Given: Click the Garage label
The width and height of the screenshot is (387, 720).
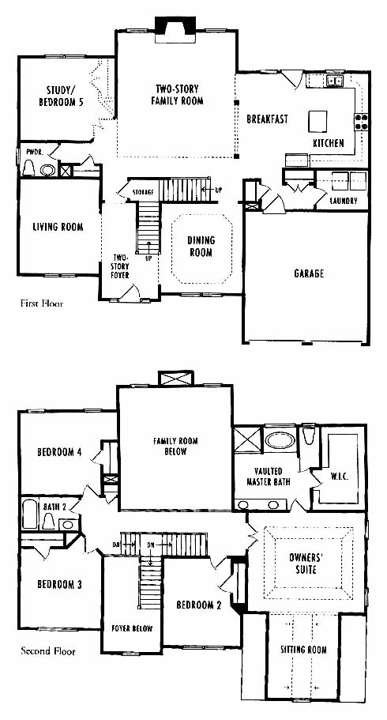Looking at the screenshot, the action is (x=309, y=273).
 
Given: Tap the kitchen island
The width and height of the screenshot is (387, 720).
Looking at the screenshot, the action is (x=317, y=121).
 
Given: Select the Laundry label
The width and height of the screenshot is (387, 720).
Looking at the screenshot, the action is (x=344, y=201).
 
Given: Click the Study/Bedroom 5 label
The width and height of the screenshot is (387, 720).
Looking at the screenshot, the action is (x=61, y=96).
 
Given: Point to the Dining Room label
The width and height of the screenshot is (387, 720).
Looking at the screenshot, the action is (x=201, y=246).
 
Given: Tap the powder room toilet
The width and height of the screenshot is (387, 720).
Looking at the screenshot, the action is (x=28, y=168).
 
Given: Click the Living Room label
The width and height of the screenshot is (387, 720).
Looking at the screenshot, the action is (x=58, y=227).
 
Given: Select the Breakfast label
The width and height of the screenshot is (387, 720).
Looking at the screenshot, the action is (x=267, y=119).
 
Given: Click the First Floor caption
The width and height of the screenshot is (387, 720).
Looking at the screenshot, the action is (x=42, y=303).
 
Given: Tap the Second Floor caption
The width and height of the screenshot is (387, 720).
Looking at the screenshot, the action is (x=48, y=651).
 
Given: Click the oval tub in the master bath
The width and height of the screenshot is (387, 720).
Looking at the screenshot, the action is (x=280, y=440).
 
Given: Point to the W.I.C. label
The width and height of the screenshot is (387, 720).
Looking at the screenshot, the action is (x=339, y=477).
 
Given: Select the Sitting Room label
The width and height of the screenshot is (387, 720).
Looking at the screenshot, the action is (x=303, y=650).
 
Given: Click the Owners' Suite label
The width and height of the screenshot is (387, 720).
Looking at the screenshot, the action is (x=302, y=564).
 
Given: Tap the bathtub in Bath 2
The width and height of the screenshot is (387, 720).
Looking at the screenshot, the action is (x=29, y=515).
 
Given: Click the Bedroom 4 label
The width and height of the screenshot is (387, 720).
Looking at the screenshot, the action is (x=60, y=452).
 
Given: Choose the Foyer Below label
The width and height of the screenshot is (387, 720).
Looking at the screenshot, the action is (x=132, y=628).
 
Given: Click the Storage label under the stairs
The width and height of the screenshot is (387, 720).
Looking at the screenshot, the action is (x=143, y=191).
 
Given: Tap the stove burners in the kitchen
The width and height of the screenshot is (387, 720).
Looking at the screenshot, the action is (x=361, y=121).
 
